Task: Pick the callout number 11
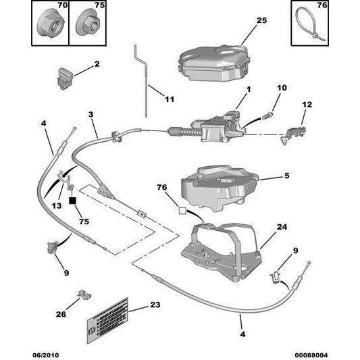(x=170, y=100)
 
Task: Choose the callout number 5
(x=286, y=176)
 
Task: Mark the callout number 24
(x=282, y=227)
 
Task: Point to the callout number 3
(x=91, y=115)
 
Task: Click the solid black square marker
(x=73, y=201)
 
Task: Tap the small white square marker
(x=181, y=211)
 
